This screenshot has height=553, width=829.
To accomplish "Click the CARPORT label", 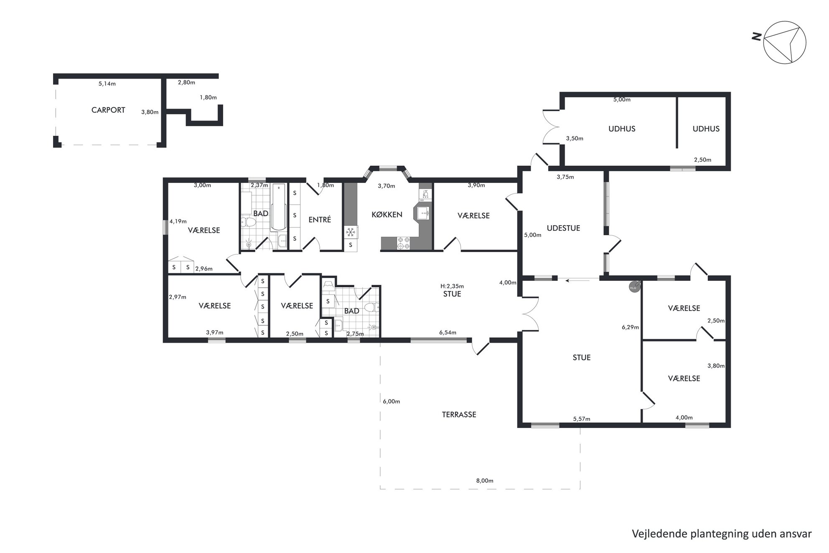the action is click(x=108, y=110).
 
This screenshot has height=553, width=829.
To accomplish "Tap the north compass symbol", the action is click(x=784, y=43).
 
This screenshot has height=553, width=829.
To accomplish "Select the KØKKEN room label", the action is click(x=387, y=215).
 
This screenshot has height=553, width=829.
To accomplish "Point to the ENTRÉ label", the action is click(x=320, y=219).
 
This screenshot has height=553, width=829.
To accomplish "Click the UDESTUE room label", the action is click(x=563, y=228).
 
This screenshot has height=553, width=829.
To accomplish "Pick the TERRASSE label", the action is click(x=459, y=415).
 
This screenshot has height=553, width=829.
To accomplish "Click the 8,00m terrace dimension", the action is click(x=485, y=481).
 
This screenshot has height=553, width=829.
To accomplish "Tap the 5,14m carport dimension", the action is click(x=107, y=84).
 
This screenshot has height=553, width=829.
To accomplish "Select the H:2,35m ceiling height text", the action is click(x=452, y=286).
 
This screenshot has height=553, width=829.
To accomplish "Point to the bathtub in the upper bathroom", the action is click(x=278, y=207).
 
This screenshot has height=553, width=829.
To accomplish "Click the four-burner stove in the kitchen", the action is click(x=403, y=243).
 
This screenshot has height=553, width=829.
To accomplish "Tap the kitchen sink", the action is click(x=424, y=213).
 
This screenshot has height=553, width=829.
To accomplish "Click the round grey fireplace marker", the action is click(x=634, y=286).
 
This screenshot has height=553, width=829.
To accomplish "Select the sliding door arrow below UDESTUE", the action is click(x=577, y=280).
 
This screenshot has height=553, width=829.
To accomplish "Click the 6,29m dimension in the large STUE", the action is click(x=630, y=327).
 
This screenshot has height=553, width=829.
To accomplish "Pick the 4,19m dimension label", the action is click(x=178, y=222).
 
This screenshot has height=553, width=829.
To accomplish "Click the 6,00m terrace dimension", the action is click(x=392, y=402).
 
